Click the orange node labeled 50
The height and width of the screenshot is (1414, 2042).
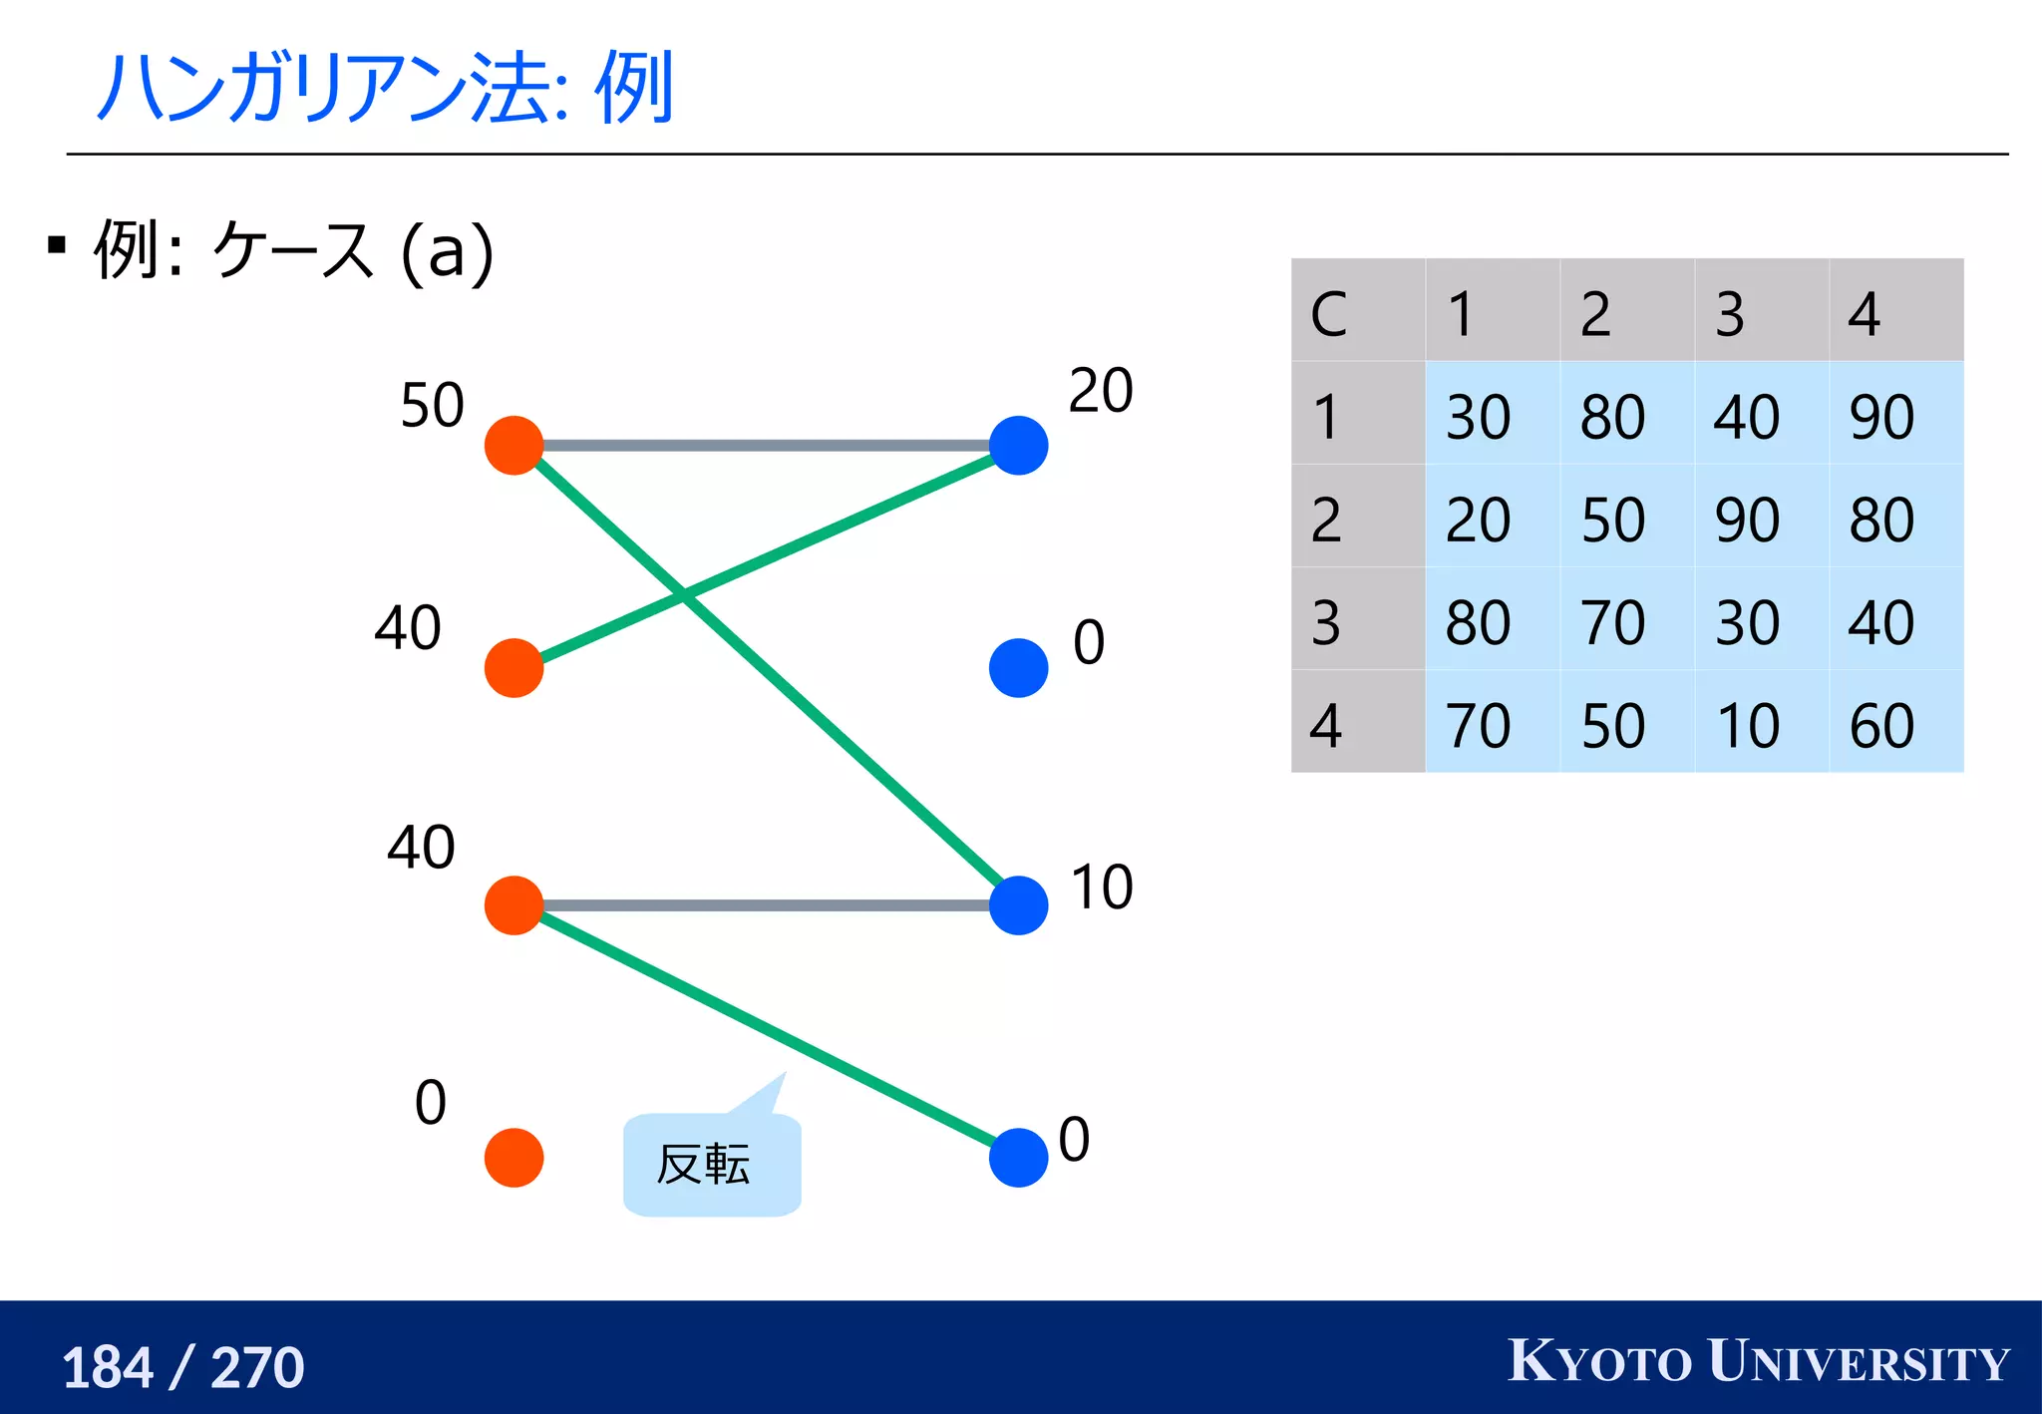pos(513,446)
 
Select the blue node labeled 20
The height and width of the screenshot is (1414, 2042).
pos(1018,446)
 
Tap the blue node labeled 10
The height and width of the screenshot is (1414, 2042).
pos(1018,905)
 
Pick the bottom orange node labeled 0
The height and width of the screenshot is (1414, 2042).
pos(513,1158)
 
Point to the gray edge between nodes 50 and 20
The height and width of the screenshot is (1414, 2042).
pos(766,445)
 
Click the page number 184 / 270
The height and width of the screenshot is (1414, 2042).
pos(182,1366)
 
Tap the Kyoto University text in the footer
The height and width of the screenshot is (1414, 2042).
pos(1758,1361)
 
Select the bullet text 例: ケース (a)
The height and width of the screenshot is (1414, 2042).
pos(294,250)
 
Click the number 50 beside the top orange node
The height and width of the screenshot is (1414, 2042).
pos(432,405)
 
